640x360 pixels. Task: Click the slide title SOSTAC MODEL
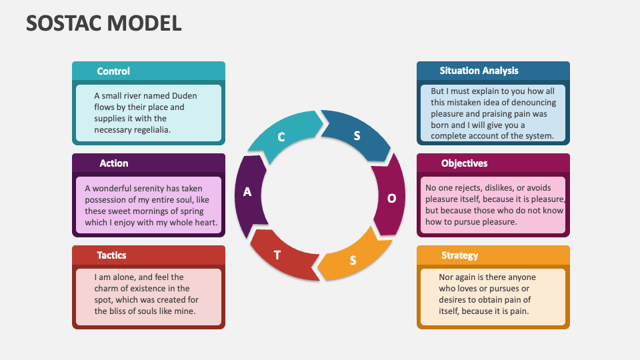(x=103, y=23)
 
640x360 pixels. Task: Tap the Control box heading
(x=113, y=71)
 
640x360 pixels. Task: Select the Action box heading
(x=113, y=163)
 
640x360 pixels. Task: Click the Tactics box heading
(x=111, y=255)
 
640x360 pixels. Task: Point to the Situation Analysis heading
(x=479, y=71)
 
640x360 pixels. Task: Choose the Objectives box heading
(x=464, y=163)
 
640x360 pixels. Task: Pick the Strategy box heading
(x=459, y=255)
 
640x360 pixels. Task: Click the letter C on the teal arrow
(x=281, y=137)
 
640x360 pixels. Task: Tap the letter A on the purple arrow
(x=247, y=192)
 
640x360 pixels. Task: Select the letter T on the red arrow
(x=277, y=255)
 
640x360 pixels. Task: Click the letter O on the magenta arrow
(x=392, y=198)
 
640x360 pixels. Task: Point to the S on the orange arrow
(x=353, y=260)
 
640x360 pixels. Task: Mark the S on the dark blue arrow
(x=357, y=136)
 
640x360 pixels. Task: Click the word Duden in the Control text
(x=184, y=95)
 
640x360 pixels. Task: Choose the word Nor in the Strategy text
(x=446, y=277)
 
